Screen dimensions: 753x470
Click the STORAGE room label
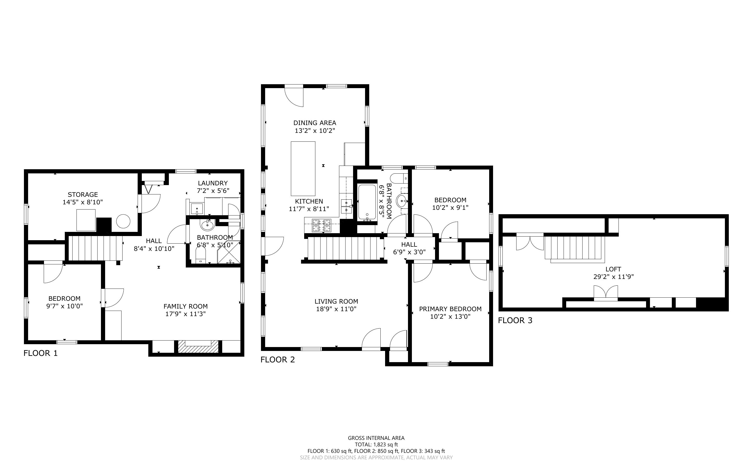click(x=83, y=195)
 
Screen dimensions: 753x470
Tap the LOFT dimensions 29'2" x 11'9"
click(x=613, y=277)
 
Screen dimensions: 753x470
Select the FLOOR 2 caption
click(x=277, y=360)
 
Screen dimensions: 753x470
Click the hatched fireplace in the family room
click(x=198, y=346)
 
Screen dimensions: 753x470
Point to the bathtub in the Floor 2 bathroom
click(x=367, y=202)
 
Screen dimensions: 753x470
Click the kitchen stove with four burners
click(x=322, y=225)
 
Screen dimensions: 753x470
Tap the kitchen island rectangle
click(x=303, y=168)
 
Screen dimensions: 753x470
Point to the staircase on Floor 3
click(x=575, y=248)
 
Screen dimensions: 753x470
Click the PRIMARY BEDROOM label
click(x=450, y=309)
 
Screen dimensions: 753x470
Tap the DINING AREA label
click(x=315, y=123)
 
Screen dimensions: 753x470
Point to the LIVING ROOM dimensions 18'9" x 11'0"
click(x=336, y=309)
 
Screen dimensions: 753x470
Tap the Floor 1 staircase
click(x=95, y=248)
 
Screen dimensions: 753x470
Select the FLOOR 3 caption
click(x=515, y=321)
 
